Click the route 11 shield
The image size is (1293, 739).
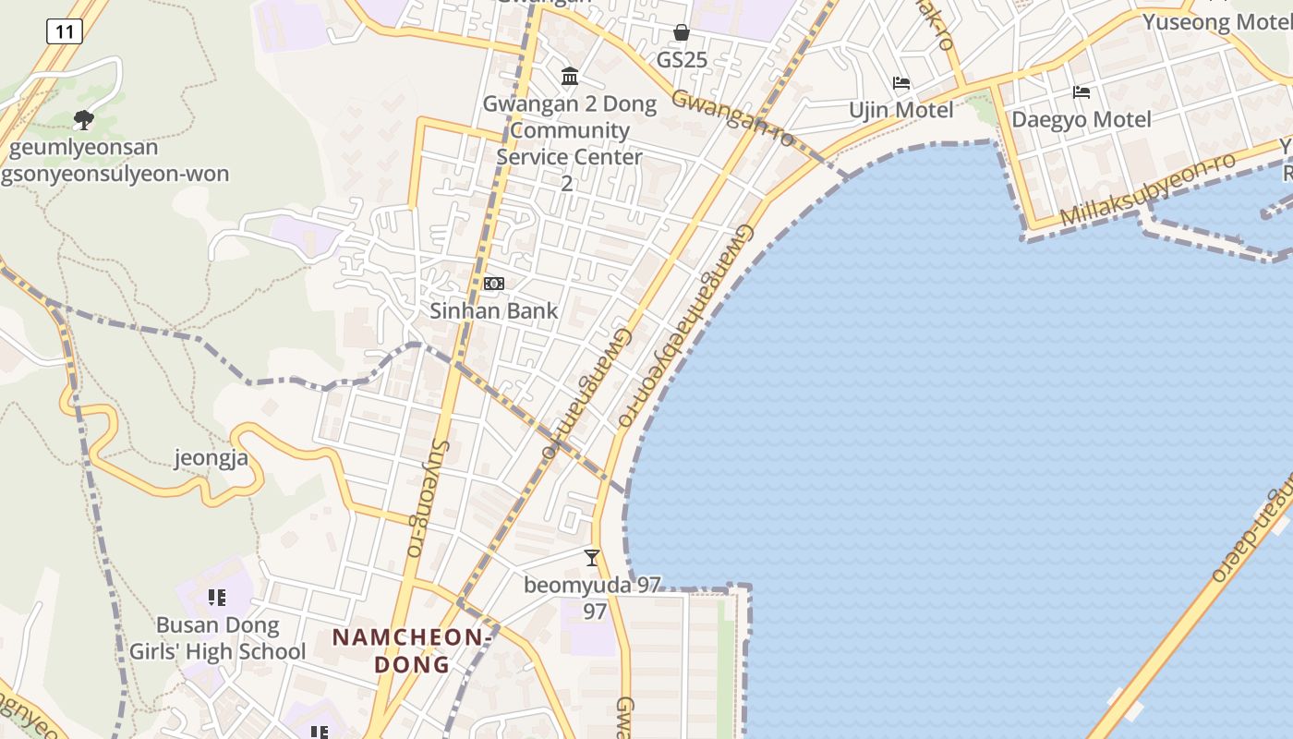pyautogui.click(x=64, y=31)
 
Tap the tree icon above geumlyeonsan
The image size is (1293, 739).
pyautogui.click(x=84, y=119)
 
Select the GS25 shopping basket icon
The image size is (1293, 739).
pyautogui.click(x=682, y=33)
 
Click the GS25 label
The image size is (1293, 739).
pyautogui.click(x=682, y=60)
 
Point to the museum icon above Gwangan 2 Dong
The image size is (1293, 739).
pyautogui.click(x=570, y=76)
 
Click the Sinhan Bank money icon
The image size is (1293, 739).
pyautogui.click(x=494, y=284)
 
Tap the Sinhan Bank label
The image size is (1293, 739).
pyautogui.click(x=494, y=310)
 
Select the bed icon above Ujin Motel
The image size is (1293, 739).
pyautogui.click(x=901, y=83)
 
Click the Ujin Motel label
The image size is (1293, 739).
pyautogui.click(x=901, y=110)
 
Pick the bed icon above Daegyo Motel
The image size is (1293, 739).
pyautogui.click(x=1082, y=92)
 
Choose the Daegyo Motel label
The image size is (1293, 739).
pyautogui.click(x=1082, y=119)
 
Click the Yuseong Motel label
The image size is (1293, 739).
pyautogui.click(x=1217, y=21)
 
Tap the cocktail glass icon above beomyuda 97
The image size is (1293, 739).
pyautogui.click(x=592, y=557)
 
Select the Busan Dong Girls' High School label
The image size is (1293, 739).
pyautogui.click(x=217, y=638)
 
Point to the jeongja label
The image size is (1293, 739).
pyautogui.click(x=211, y=457)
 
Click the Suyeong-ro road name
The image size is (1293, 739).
pyautogui.click(x=426, y=499)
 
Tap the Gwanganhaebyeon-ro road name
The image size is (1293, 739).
pyautogui.click(x=685, y=323)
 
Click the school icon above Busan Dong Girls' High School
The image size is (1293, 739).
pyautogui.click(x=217, y=598)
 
